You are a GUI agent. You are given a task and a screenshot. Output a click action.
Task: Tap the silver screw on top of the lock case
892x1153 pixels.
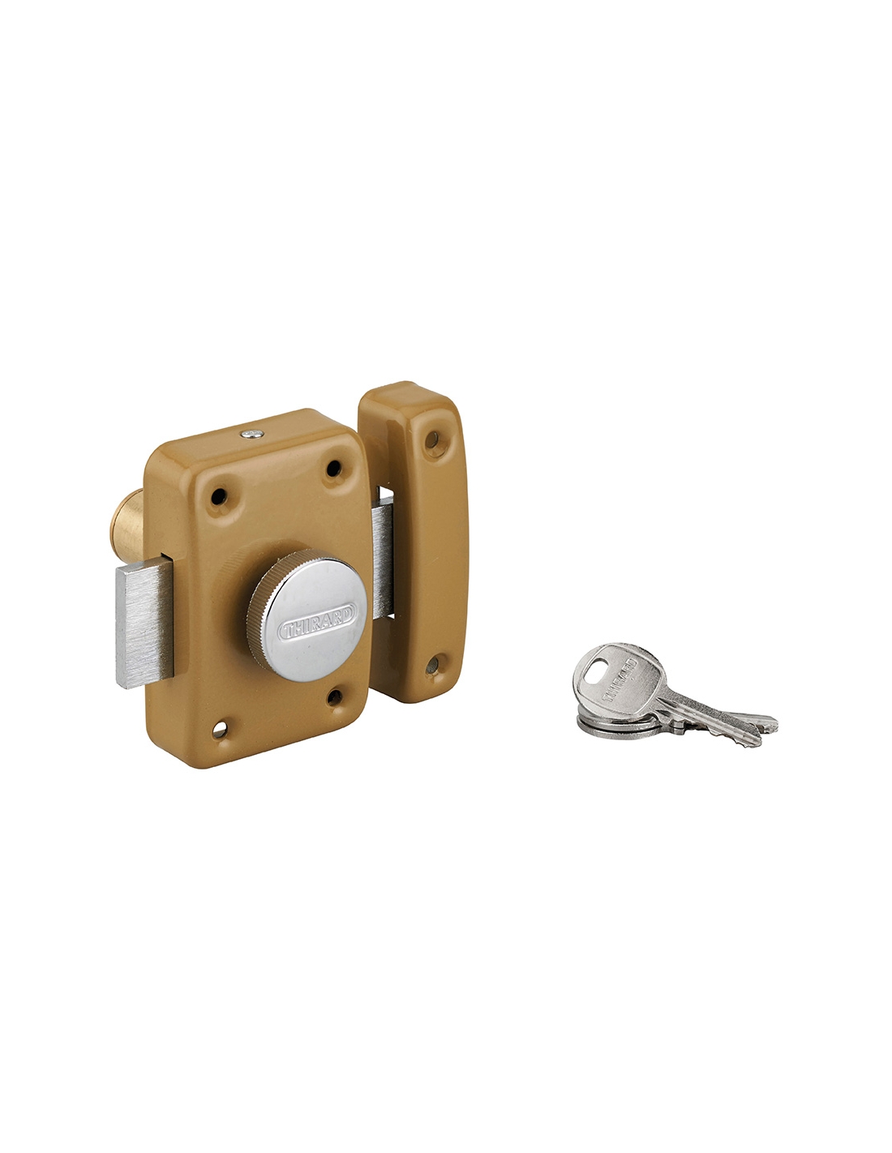point(251,434)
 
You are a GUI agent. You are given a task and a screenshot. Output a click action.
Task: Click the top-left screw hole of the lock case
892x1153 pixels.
point(218,496)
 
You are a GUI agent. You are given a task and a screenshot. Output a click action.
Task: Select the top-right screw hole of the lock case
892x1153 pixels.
point(332,468)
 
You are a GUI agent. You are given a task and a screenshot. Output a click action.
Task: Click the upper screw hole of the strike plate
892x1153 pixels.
point(432,439)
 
